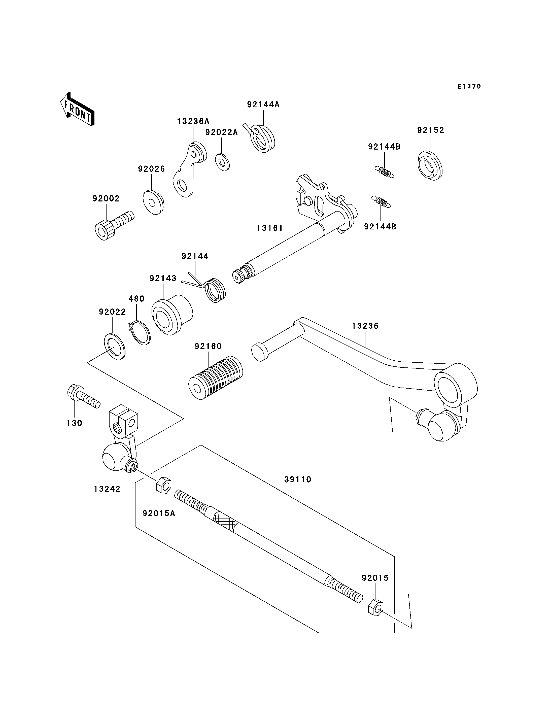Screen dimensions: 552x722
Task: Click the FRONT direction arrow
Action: [78, 109]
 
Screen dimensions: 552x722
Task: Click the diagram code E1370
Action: [469, 86]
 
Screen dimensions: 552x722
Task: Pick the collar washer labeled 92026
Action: [153, 202]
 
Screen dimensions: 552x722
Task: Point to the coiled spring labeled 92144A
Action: [261, 138]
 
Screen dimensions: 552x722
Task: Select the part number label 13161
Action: [270, 228]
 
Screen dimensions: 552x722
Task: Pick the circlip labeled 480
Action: [139, 333]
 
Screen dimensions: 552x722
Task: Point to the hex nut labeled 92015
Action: [375, 607]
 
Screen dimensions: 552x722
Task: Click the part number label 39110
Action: [298, 479]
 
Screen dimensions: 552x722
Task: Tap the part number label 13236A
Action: [193, 121]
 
